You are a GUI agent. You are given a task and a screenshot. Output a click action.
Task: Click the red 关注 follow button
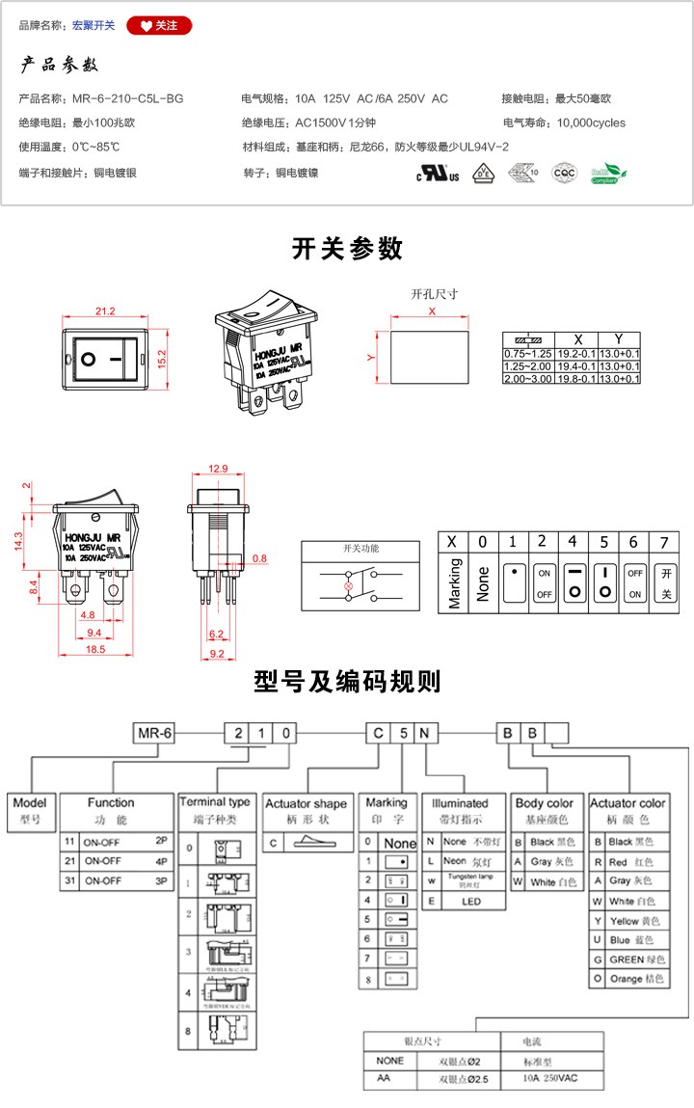point(159,25)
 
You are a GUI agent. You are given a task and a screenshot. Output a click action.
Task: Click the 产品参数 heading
point(60,66)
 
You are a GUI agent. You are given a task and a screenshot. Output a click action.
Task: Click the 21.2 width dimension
point(105,311)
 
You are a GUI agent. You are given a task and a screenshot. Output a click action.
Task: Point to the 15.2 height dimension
point(163,356)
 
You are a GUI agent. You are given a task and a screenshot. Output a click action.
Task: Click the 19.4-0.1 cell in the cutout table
point(577,366)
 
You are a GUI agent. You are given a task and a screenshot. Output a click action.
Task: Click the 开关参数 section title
point(347,249)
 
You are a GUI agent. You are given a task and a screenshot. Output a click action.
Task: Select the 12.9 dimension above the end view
point(218,469)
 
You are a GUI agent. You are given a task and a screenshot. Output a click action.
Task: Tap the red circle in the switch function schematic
point(349,582)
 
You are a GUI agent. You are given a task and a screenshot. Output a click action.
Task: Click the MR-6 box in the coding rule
point(154,733)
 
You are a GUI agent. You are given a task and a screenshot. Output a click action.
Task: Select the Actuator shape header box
point(306,803)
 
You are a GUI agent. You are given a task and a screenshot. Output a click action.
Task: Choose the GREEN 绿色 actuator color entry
point(632,959)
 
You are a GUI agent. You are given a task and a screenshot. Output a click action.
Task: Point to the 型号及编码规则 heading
point(347,682)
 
